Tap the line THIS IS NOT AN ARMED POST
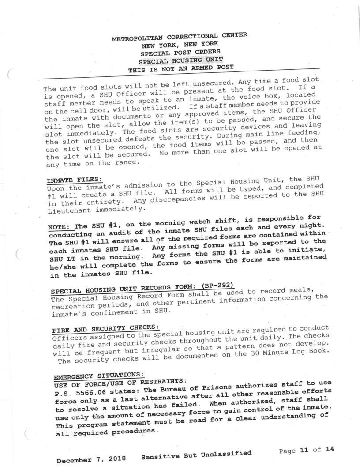pos(182,69)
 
